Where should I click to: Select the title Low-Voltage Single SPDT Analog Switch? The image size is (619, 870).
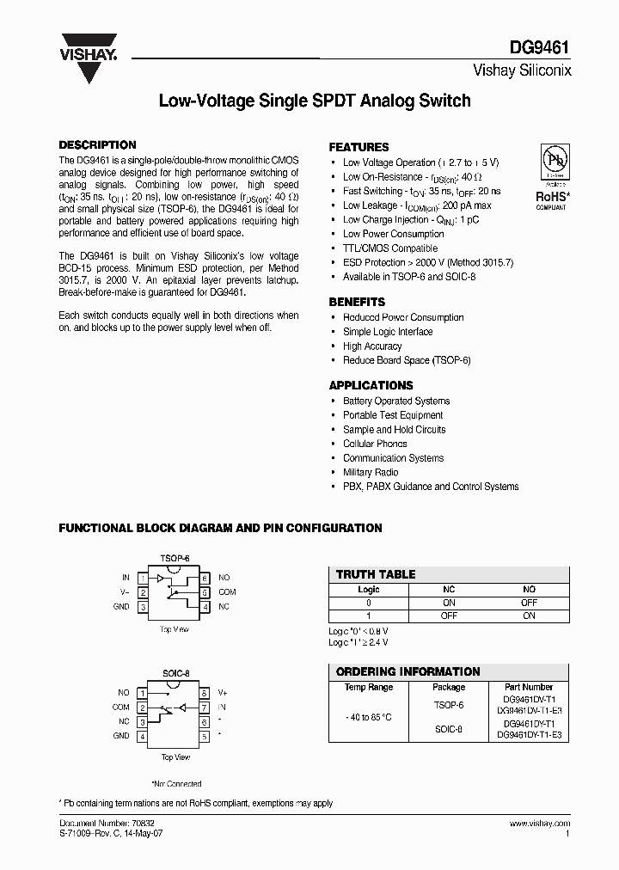(315, 101)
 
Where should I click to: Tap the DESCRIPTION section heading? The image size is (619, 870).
(97, 145)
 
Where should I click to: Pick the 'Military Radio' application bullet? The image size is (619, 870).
(371, 472)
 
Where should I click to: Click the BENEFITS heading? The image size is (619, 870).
(357, 303)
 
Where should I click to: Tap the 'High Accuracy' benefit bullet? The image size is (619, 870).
(372, 346)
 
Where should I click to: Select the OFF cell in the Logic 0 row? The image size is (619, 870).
(529, 603)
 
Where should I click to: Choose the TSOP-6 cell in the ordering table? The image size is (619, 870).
(448, 705)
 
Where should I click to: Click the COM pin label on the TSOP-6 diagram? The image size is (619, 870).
(227, 592)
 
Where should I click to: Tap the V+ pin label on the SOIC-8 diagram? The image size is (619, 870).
(223, 692)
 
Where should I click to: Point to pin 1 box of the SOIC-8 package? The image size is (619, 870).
(143, 692)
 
